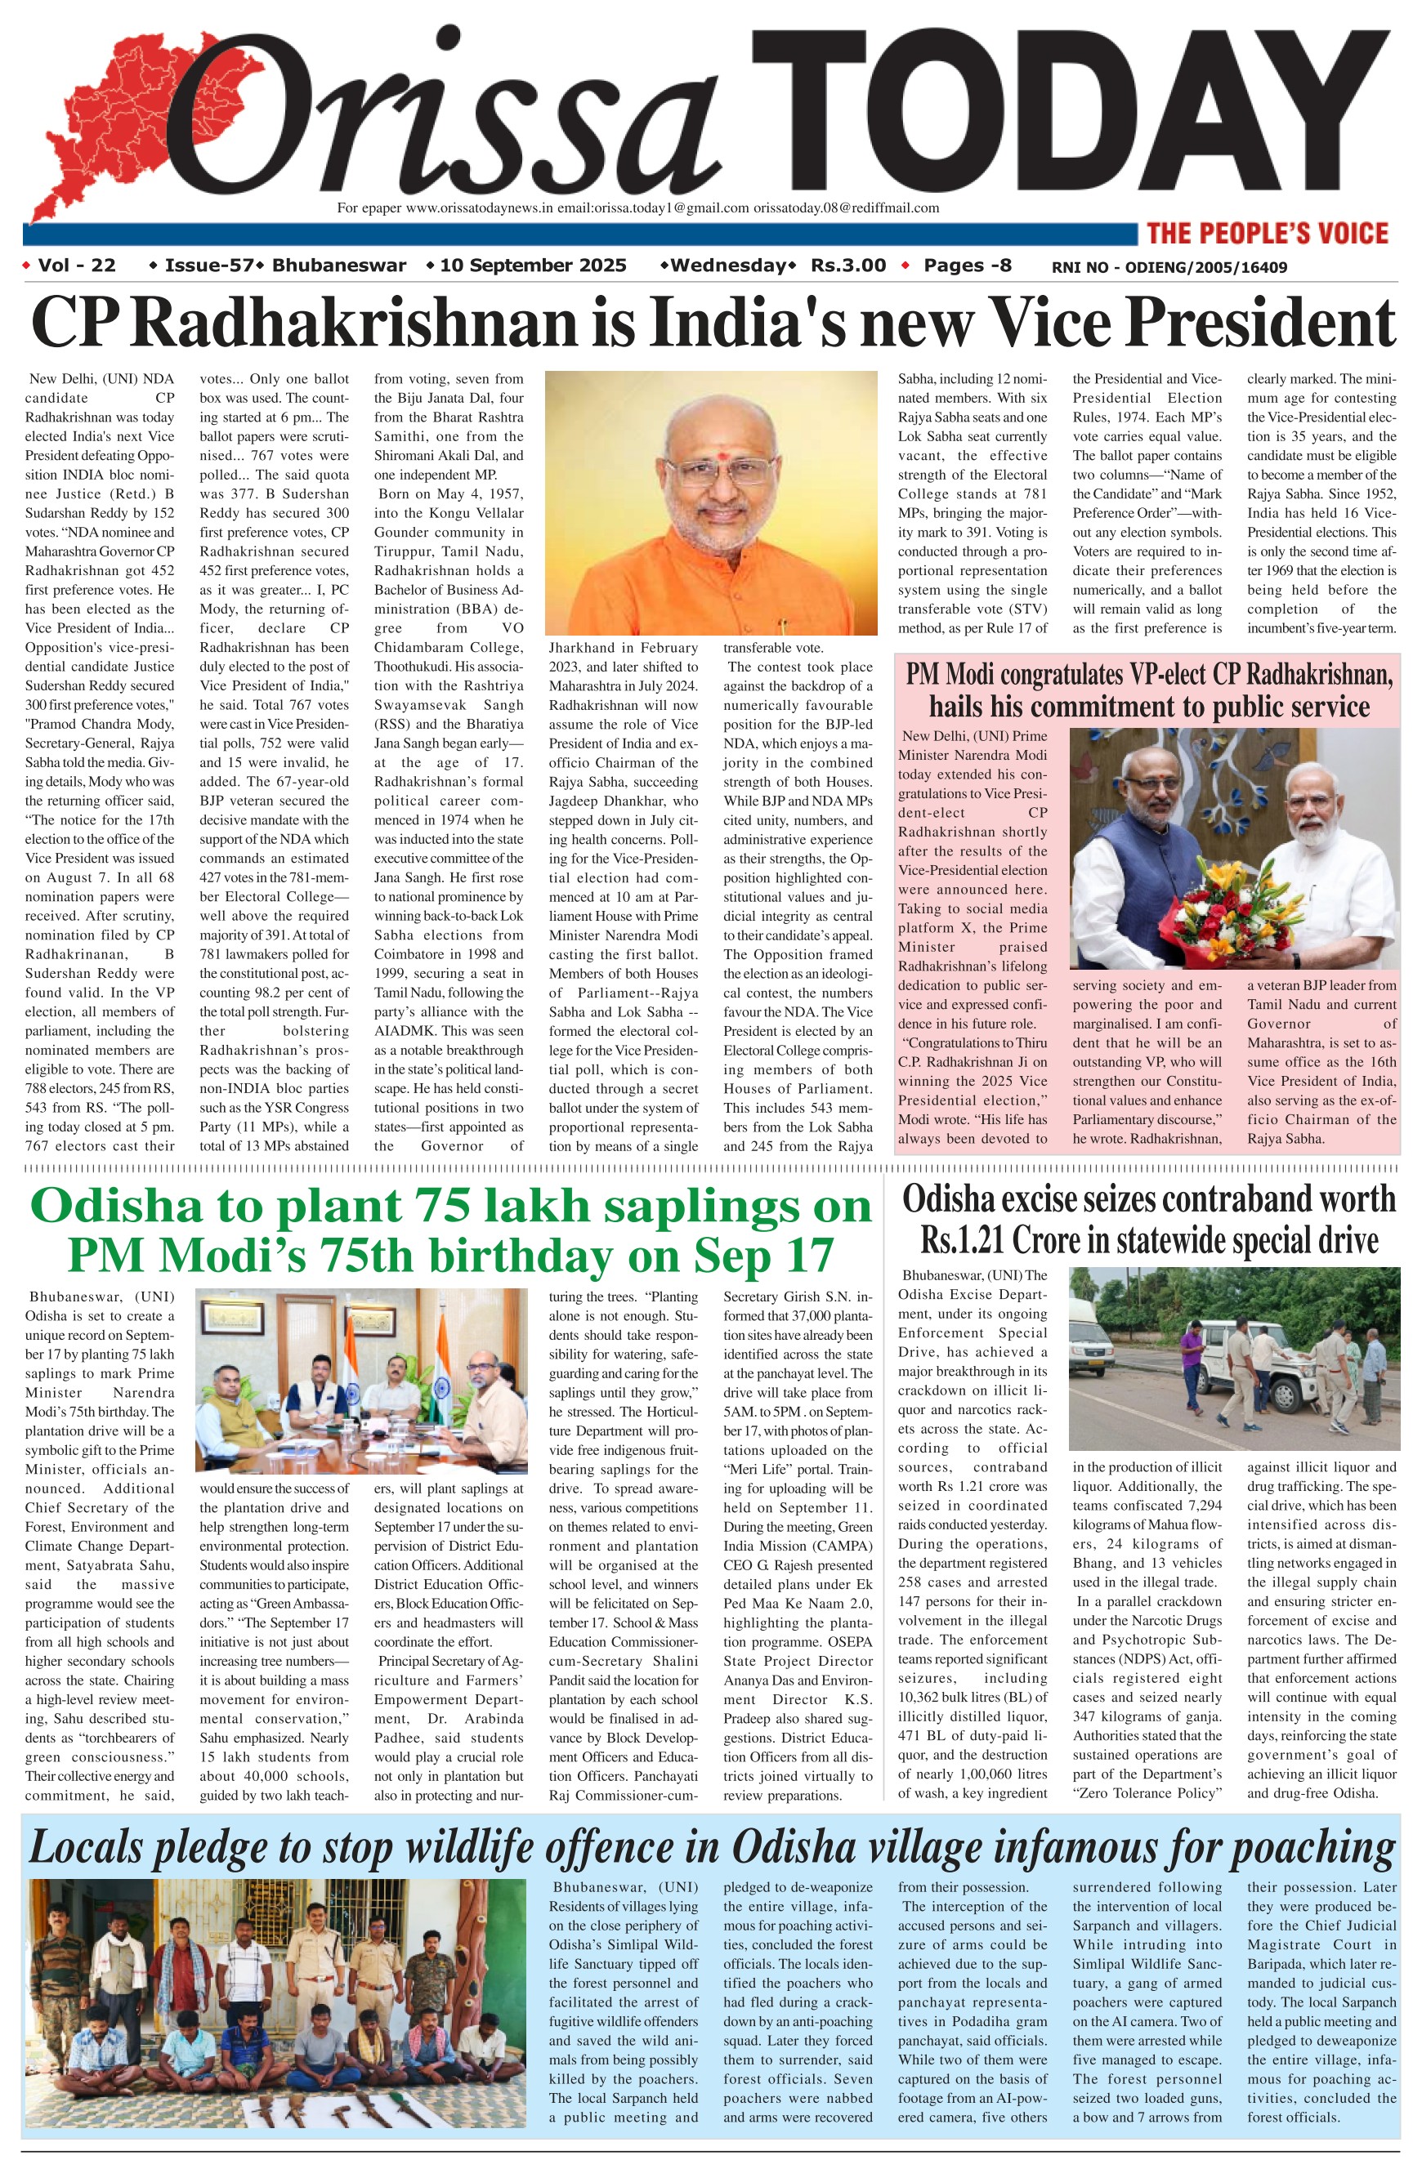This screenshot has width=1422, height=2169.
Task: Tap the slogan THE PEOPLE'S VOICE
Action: (x=1267, y=234)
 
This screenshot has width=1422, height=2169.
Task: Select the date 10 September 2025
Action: (x=533, y=266)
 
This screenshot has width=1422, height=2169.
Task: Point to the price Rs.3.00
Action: (x=848, y=266)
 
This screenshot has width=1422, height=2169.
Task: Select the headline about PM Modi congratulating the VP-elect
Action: (x=1148, y=690)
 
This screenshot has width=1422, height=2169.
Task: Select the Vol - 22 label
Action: (x=77, y=266)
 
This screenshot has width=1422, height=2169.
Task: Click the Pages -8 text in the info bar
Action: (x=967, y=266)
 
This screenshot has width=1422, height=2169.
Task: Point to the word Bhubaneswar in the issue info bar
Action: (x=339, y=266)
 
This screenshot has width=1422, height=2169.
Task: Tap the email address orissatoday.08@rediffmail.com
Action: (x=846, y=208)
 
